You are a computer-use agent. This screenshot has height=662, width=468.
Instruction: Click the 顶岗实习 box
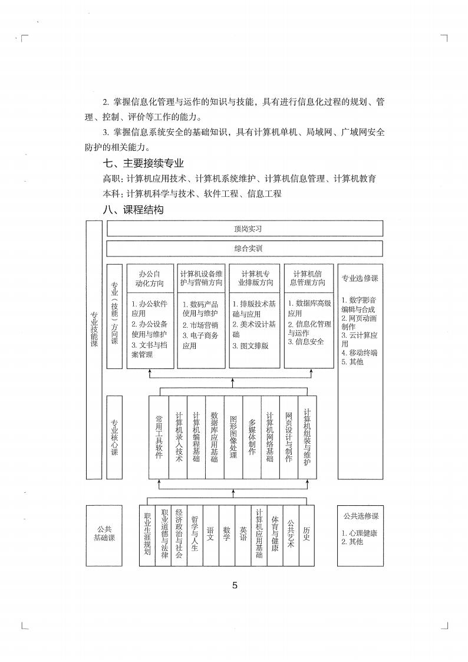(245, 228)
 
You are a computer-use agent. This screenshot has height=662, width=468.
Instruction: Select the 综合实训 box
(245, 249)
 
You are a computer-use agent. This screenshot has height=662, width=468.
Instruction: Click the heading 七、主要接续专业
(143, 163)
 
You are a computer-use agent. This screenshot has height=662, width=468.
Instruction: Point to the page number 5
(235, 585)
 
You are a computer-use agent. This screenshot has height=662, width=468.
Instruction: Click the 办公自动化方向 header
(150, 278)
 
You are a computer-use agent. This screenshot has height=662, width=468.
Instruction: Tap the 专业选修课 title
(360, 278)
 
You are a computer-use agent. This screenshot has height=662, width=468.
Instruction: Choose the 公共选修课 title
(360, 516)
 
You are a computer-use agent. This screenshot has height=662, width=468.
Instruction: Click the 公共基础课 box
(104, 535)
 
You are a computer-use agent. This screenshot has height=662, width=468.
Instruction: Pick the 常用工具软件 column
(159, 437)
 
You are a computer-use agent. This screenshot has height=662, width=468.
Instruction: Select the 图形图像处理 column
(233, 437)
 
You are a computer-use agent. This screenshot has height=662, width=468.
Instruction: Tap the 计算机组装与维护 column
(307, 437)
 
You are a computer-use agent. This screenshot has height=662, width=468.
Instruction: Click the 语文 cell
(210, 535)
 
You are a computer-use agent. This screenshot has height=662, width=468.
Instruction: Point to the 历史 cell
(306, 535)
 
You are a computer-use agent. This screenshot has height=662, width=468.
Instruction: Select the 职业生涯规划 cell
(147, 535)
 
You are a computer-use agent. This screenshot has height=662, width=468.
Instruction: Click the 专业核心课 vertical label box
(114, 437)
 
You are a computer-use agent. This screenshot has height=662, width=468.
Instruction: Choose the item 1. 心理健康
(360, 533)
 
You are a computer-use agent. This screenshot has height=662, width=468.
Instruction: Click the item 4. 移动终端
(360, 353)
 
